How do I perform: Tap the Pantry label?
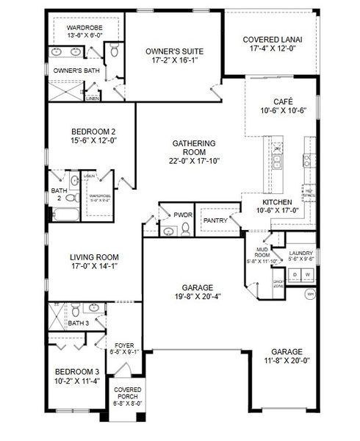tap(215, 220)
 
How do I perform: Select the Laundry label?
tap(301, 253)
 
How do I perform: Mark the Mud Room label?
tap(262, 252)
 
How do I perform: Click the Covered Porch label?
tap(126, 393)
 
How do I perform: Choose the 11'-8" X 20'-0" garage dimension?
tap(290, 361)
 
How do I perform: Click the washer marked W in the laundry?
tap(307, 274)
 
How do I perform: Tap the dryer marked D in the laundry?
tap(295, 274)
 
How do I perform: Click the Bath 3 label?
tap(78, 323)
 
